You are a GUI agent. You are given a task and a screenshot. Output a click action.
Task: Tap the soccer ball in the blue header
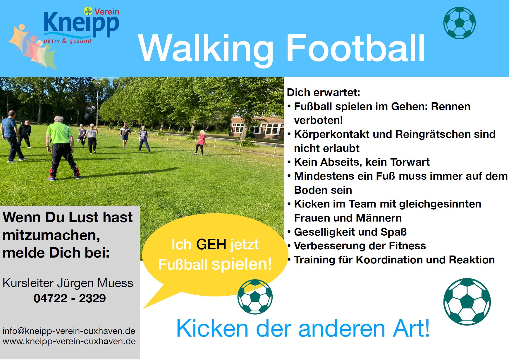pos(459,23)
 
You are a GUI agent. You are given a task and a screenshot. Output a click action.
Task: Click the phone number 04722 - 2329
pos(70,298)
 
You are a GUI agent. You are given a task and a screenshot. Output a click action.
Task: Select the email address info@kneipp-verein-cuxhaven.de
pos(69,331)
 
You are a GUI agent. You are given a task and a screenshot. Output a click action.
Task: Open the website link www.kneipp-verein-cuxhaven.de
pos(69,341)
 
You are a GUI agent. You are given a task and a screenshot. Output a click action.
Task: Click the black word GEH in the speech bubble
pos(211,244)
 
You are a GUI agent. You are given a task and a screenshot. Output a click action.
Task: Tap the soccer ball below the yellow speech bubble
pos(255,296)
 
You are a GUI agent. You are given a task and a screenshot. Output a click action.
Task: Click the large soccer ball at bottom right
pos(467,302)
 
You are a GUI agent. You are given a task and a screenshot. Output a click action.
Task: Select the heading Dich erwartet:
pos(324,92)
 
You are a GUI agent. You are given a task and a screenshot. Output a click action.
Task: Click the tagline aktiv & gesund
pos(68,41)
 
